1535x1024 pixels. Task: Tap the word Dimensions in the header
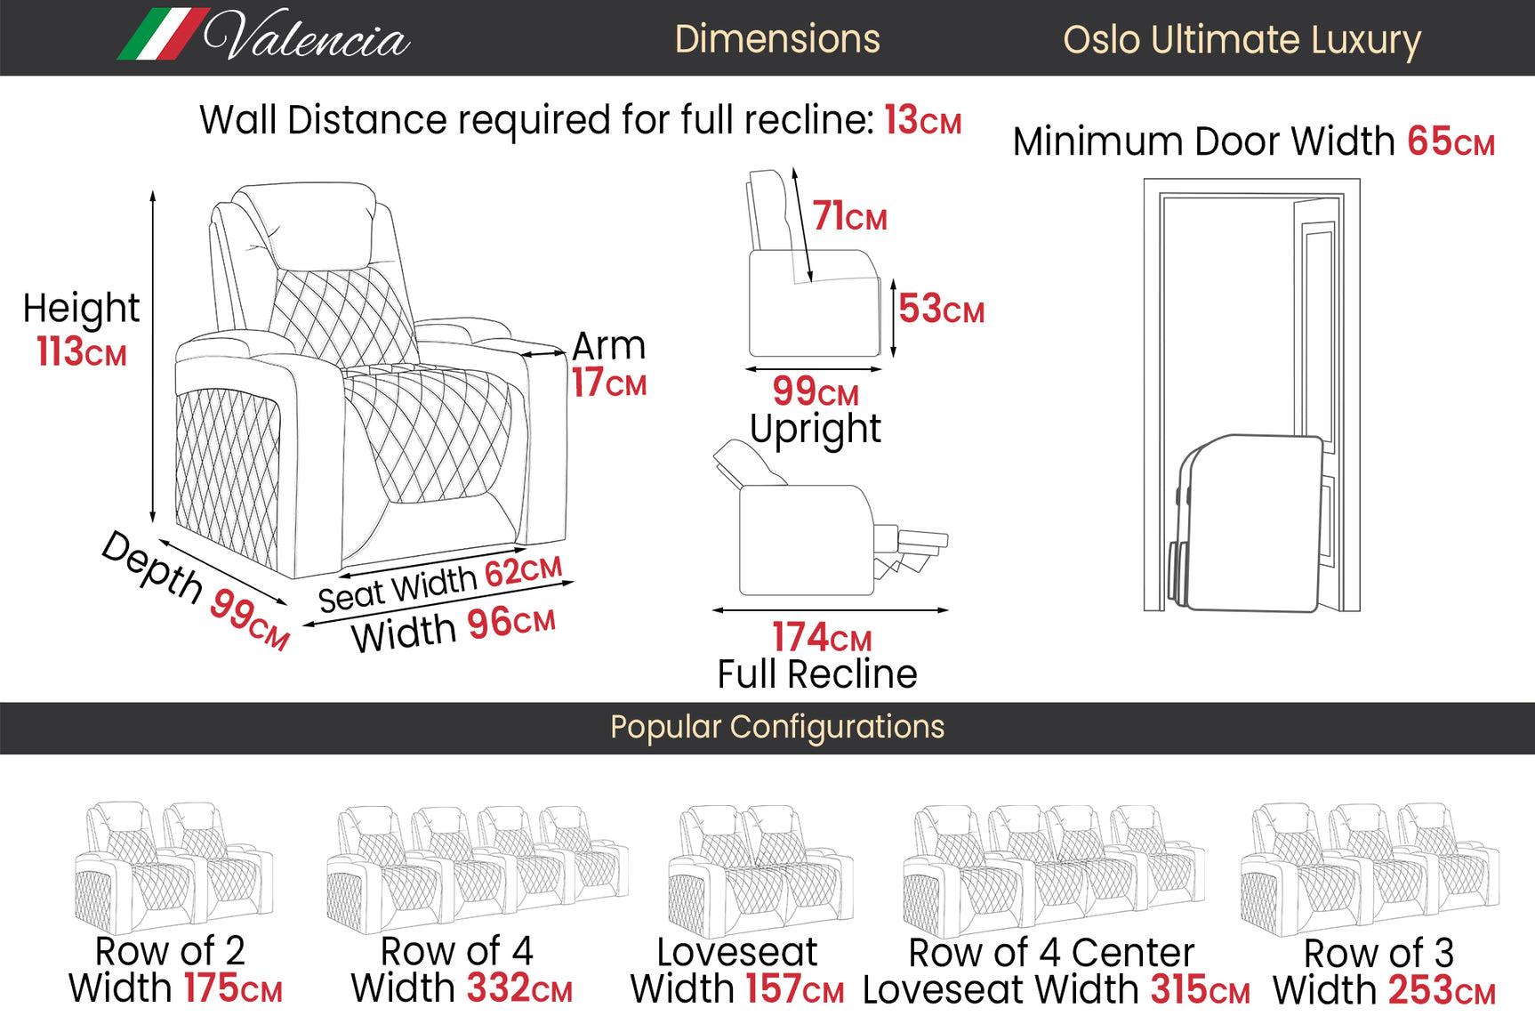pos(776,39)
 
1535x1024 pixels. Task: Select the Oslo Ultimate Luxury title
pos(1242,40)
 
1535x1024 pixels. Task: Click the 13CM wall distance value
pos(922,120)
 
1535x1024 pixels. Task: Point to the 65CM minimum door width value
pos(1451,141)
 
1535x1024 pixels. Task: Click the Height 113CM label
pos(81,329)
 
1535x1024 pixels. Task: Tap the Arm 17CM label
pos(608,364)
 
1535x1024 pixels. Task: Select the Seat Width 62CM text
pos(440,584)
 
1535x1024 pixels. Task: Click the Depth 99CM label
pos(197,590)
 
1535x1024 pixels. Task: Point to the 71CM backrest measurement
pos(849,216)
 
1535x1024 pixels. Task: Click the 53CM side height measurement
pos(941,309)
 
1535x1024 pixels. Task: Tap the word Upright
pos(815,429)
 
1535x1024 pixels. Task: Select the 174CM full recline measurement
pos(821,637)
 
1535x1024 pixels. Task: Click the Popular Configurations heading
pos(776,727)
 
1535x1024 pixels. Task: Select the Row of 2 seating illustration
pos(173,867)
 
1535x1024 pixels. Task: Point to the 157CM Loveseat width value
pos(794,989)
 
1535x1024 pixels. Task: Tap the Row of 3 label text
pos(1378,954)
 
